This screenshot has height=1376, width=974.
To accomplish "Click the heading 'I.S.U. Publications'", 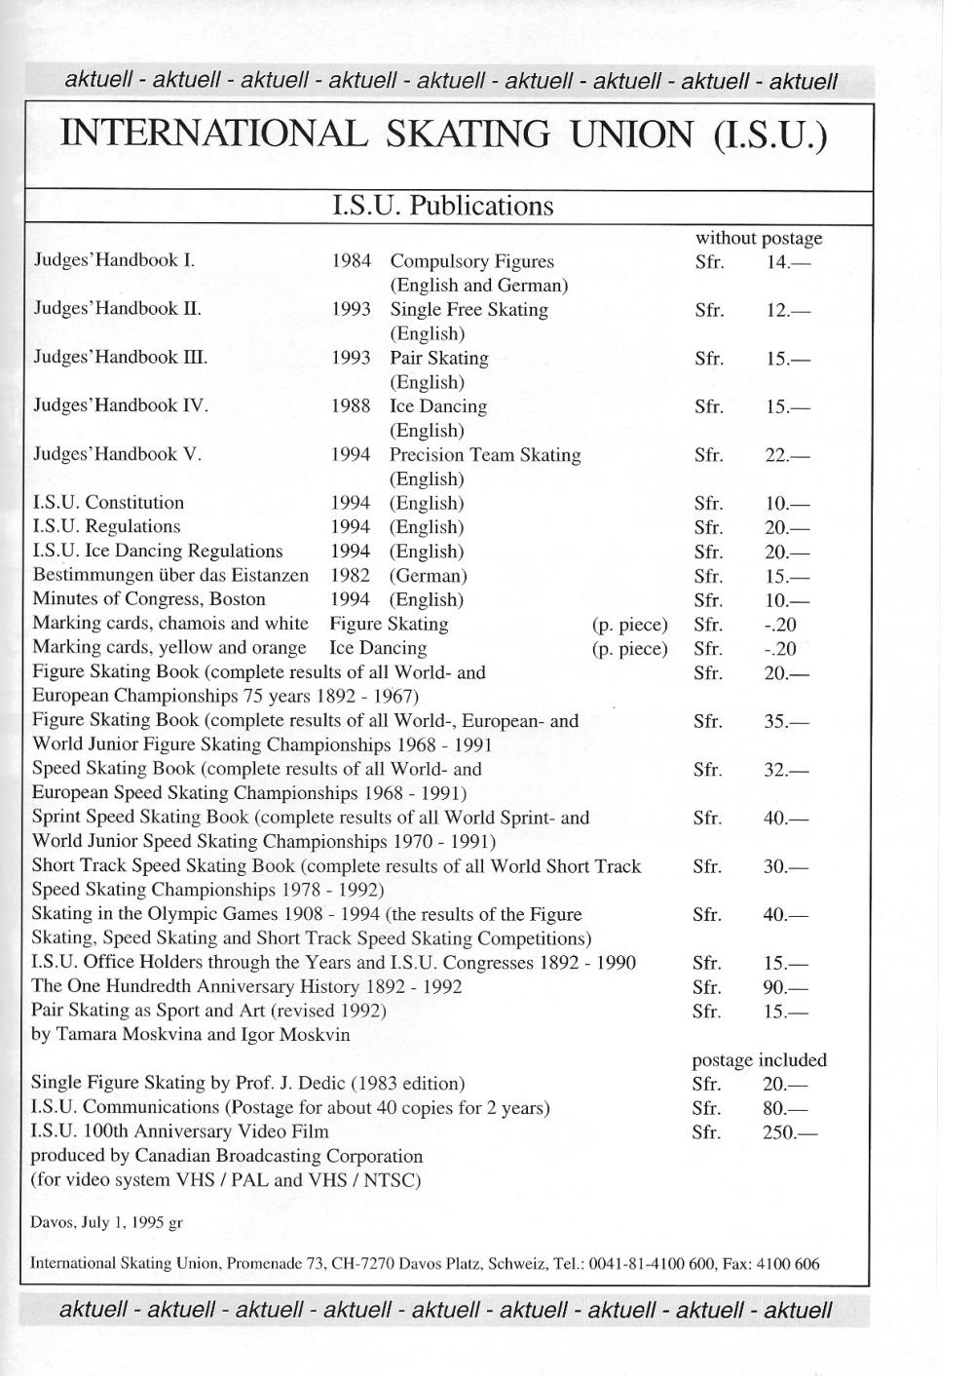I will click(x=442, y=207).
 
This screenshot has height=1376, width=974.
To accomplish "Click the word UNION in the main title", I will click(x=629, y=134).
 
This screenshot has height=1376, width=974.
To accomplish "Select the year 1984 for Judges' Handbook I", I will click(x=351, y=261).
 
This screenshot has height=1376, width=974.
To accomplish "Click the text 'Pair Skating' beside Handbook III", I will click(x=439, y=358).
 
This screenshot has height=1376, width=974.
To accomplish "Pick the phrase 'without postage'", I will click(x=758, y=238).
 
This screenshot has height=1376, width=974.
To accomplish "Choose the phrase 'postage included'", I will click(x=759, y=1060).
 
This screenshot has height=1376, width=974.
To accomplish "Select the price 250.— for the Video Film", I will click(x=790, y=1132).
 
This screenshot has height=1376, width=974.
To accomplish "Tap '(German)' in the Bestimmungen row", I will click(x=428, y=575).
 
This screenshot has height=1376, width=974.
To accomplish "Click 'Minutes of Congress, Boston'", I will click(x=149, y=599).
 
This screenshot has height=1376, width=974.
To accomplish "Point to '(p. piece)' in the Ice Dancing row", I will click(x=629, y=648).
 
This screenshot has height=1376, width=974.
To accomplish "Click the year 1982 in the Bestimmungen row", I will click(x=350, y=575).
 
